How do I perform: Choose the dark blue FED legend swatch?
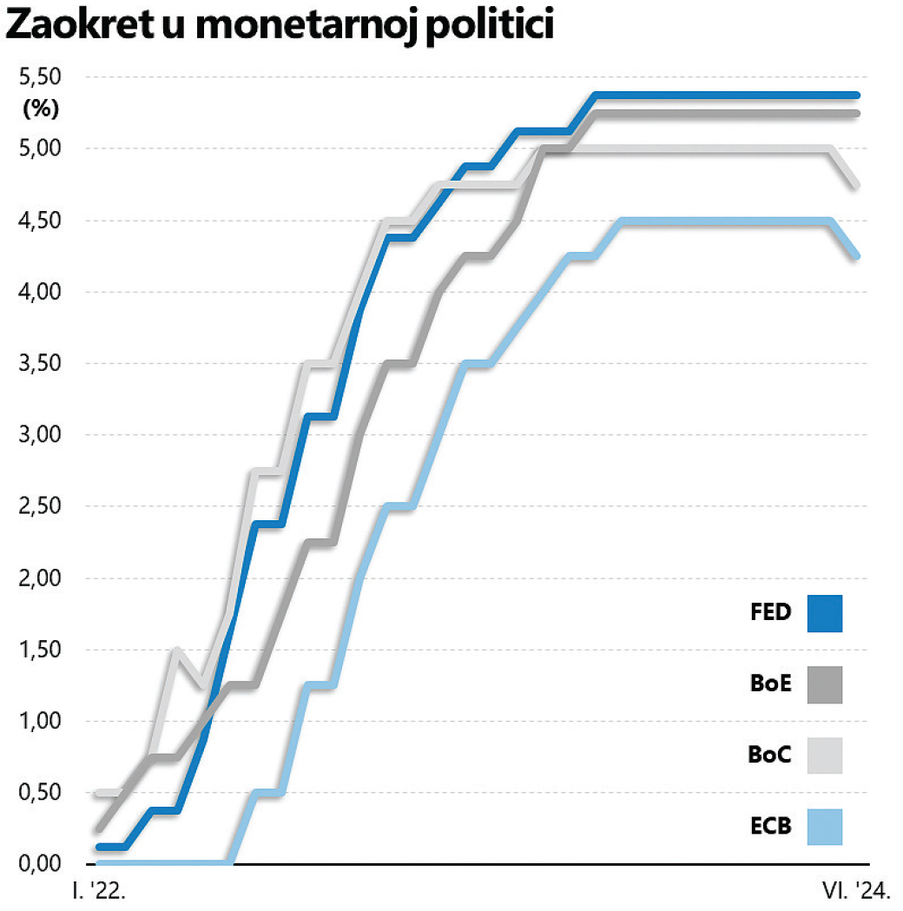pyautogui.click(x=824, y=613)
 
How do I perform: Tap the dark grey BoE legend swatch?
pyautogui.click(x=824, y=684)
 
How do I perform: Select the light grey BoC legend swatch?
pyautogui.click(x=824, y=755)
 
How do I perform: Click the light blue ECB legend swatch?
pyautogui.click(x=824, y=826)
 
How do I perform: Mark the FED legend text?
pyautogui.click(x=771, y=612)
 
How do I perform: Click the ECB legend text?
pyautogui.click(x=771, y=826)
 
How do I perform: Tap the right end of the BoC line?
pyautogui.click(x=856, y=184)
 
